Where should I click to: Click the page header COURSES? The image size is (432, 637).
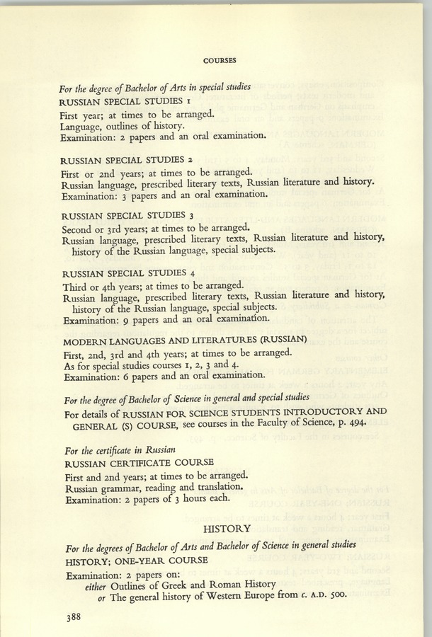coord(219,60)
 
